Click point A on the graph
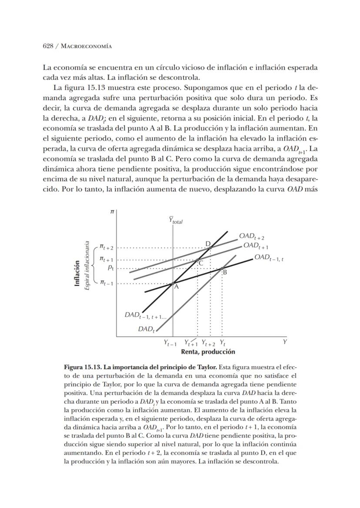pos(173,283)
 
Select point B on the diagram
pos(222,268)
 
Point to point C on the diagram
pos(197,260)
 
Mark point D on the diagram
pos(210,247)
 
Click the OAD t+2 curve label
pos(251,236)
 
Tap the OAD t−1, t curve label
pos(269,257)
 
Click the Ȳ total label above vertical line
pos(176,221)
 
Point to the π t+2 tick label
pos(106,247)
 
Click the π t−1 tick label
pos(106,283)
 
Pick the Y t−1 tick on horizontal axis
pos(170,343)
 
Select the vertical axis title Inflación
pos(77,273)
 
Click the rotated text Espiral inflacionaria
pos(87,266)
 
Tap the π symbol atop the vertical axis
pos(112,211)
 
